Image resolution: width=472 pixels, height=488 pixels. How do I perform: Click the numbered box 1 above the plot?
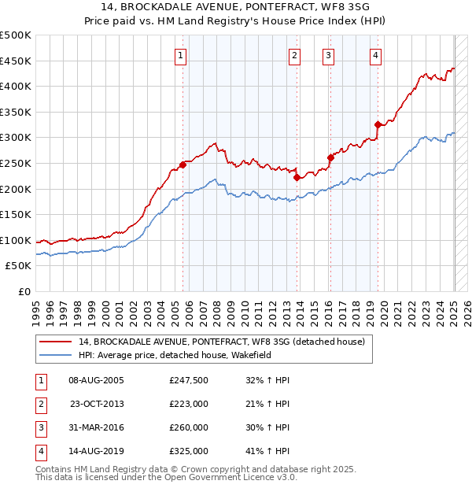point(181,55)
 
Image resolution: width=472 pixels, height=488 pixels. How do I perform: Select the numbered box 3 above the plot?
point(327,55)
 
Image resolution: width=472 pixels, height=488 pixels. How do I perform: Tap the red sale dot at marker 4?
point(378,124)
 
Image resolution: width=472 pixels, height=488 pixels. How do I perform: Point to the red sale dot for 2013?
point(297,177)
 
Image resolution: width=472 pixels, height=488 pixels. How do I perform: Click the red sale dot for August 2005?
point(183,165)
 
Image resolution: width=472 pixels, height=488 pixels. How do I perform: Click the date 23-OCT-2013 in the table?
point(97,404)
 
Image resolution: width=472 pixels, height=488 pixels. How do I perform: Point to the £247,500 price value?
point(189,380)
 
